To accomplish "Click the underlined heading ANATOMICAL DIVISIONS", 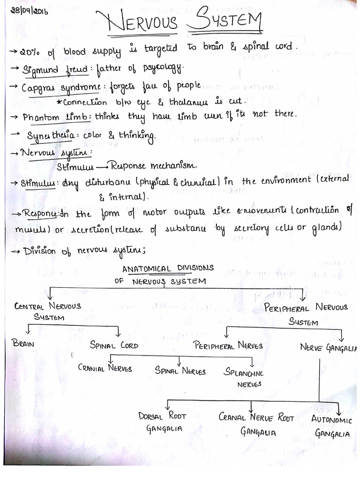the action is (x=168, y=268).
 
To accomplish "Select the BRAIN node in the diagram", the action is (x=25, y=344).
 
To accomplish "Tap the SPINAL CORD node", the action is (x=114, y=345).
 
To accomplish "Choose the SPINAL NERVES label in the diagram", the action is (x=180, y=371).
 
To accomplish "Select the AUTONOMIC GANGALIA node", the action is (x=331, y=426).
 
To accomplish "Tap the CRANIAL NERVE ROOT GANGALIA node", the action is (x=256, y=424).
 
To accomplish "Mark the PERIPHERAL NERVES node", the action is (x=228, y=345).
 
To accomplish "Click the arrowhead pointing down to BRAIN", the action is (x=29, y=332).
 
